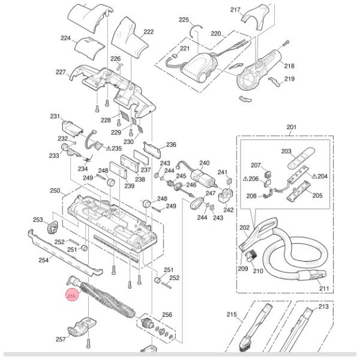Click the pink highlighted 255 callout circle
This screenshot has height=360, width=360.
point(71,296)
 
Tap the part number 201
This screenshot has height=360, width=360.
point(292,127)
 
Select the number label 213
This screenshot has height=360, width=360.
point(324,307)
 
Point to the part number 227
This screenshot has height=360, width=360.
point(61,72)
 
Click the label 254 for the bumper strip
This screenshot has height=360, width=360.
point(43,260)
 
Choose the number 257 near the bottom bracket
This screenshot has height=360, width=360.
point(61,340)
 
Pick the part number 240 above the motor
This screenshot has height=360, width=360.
point(204,163)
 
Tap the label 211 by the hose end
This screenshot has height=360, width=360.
point(324,289)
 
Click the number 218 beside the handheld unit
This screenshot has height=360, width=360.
point(289,66)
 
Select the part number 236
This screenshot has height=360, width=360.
point(171,145)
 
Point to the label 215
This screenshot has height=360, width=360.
point(232,314)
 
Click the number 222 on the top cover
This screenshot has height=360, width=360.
point(148,32)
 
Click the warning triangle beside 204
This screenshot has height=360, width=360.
point(313,176)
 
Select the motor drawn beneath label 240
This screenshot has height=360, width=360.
point(202,178)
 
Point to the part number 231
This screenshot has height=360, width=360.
point(55,116)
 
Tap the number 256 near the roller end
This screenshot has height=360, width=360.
point(167,314)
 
